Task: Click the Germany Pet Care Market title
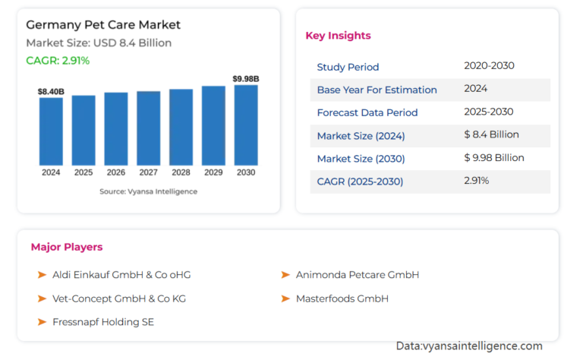coord(103,24)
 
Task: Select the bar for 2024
coord(51,131)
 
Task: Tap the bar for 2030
coord(246,125)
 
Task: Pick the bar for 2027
coord(148,128)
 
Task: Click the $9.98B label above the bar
coord(246,78)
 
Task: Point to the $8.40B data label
coord(51,91)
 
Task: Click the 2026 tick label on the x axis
coord(115,172)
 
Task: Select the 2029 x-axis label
coord(213,172)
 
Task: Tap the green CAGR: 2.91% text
coord(58,61)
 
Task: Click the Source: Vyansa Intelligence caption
coord(148,191)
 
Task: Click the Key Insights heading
coord(338,36)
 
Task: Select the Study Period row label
coord(348,67)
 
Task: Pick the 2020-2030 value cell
coord(489,66)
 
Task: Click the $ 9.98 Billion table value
coord(493,158)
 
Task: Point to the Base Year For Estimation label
coord(377,90)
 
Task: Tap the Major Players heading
coord(67,247)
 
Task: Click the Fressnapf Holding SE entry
coord(103,322)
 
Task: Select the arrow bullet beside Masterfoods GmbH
coord(285,298)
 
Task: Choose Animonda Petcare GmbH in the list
coord(358,275)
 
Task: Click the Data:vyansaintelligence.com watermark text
coord(469,346)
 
